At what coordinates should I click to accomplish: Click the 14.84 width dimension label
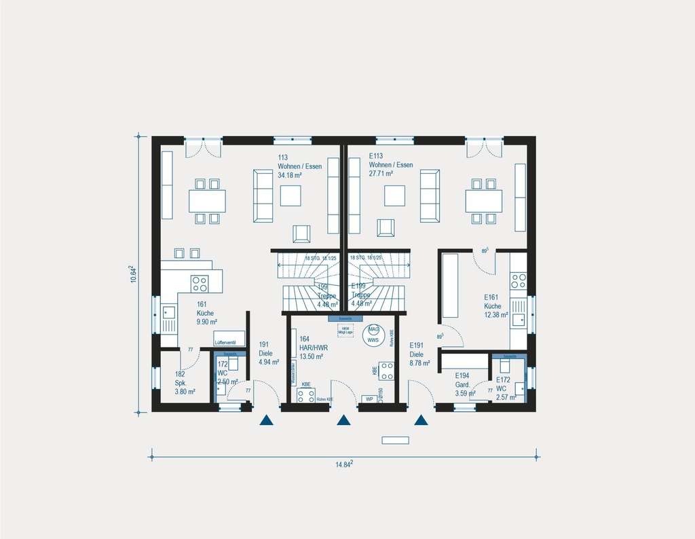coord(344,464)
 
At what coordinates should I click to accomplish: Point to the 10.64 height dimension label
coord(134,274)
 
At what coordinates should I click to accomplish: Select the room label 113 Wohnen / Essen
coord(299,166)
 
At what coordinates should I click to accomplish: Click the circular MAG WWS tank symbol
coord(373,335)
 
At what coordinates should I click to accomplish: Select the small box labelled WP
coord(369,399)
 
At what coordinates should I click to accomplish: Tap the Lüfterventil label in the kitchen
coord(225,343)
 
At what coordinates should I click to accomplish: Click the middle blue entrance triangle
coord(344,420)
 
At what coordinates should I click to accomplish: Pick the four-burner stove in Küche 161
coord(200,282)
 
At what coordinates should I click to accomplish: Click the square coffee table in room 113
coord(291,196)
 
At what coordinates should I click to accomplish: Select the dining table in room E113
coord(483,200)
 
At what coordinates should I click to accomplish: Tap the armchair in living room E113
coord(386,229)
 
